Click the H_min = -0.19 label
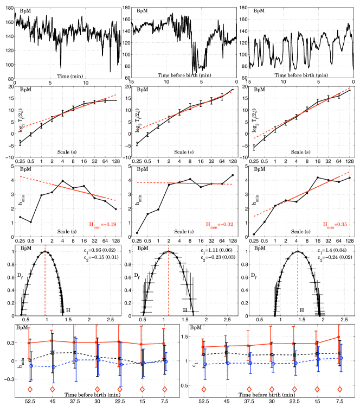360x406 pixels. pyautogui.click(x=102, y=224)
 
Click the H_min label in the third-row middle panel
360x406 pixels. pyautogui.click(x=219, y=224)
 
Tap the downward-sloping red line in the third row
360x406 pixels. pyautogui.click(x=68, y=188)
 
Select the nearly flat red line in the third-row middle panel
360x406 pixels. pyautogui.click(x=184, y=183)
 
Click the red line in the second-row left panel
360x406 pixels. pyautogui.click(x=68, y=112)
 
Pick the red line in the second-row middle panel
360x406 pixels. pyautogui.click(x=184, y=111)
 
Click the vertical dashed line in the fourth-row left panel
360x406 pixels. pyautogui.click(x=45, y=280)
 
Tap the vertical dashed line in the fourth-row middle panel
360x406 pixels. pyautogui.click(x=169, y=280)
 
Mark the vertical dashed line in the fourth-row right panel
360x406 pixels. pyautogui.click(x=298, y=280)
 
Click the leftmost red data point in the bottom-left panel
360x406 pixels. pyautogui.click(x=29, y=342)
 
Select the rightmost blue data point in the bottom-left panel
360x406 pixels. pyautogui.click(x=166, y=361)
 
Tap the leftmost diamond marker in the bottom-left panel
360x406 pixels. pyautogui.click(x=30, y=389)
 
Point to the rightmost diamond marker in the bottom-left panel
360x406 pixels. pyautogui.click(x=164, y=389)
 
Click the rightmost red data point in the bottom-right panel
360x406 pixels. pyautogui.click(x=339, y=337)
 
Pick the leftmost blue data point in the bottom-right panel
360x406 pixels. pyautogui.click(x=205, y=364)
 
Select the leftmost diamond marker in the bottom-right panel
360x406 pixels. pyautogui.click(x=204, y=389)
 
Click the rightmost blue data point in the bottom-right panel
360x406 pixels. pyautogui.click(x=341, y=358)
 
